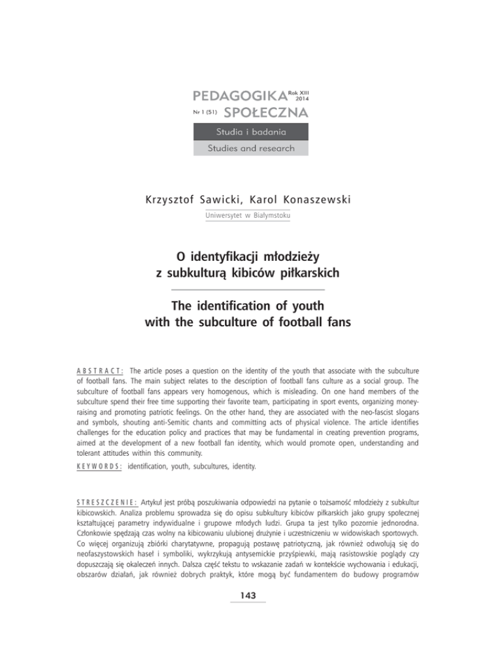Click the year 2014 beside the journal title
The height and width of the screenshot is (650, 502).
pos(303,100)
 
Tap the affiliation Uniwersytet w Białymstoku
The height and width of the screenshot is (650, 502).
pos(251,214)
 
